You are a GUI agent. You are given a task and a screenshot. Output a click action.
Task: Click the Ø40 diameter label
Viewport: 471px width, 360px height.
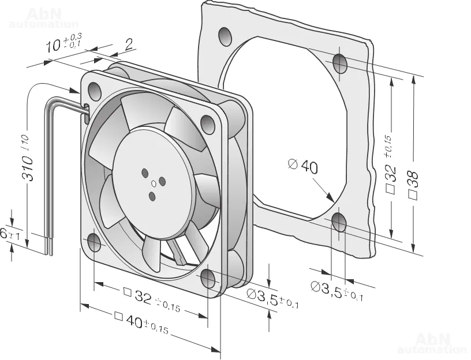(x=302, y=167)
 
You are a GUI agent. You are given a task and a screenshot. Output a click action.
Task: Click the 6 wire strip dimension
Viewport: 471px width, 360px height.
(x=5, y=234)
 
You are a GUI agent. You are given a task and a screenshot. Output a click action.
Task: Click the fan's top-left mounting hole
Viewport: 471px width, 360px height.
(x=94, y=90)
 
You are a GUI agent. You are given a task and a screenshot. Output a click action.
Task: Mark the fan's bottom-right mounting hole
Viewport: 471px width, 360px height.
(x=208, y=279)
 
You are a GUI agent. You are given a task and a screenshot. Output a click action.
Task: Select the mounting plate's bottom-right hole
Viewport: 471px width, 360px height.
(x=339, y=222)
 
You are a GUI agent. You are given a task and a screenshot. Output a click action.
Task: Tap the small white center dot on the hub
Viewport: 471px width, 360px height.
(x=154, y=184)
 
